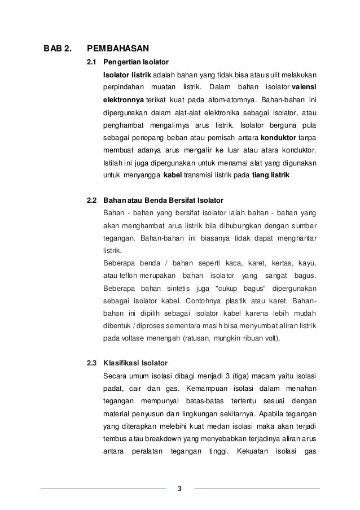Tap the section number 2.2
(x=91, y=200)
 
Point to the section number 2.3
(x=91, y=363)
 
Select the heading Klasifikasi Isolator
(x=135, y=363)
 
